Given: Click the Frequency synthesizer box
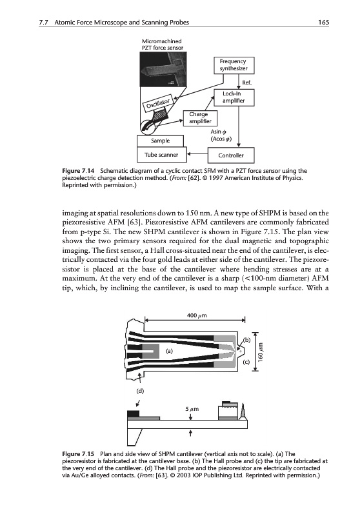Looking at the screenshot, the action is pos(234,65).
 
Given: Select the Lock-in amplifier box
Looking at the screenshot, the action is pos(234,97).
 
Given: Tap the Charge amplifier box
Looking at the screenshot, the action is pos(200,118).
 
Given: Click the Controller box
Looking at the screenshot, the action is pos(231,155).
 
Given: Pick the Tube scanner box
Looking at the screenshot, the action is pos(161,155).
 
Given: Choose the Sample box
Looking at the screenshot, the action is pos(160,141).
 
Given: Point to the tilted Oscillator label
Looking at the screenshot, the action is pos(158,103).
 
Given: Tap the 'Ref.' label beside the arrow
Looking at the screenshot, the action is pos(247,83).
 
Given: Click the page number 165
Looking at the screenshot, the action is pos(323,23).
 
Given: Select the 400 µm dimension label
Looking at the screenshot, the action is pos(197,315).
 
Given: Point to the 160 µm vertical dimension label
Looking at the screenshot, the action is pos(261,352).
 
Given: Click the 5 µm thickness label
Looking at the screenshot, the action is pos(192,409).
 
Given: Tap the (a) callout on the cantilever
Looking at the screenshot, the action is pos(169,351).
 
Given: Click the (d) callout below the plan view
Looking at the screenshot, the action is pos(140,391).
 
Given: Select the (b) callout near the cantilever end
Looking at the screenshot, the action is pos(247,340).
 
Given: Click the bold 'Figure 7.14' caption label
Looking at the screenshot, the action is pos(78,171).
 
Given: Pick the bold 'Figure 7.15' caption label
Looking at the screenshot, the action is pos(78,454).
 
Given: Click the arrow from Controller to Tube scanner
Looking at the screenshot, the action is pos(197,154).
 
